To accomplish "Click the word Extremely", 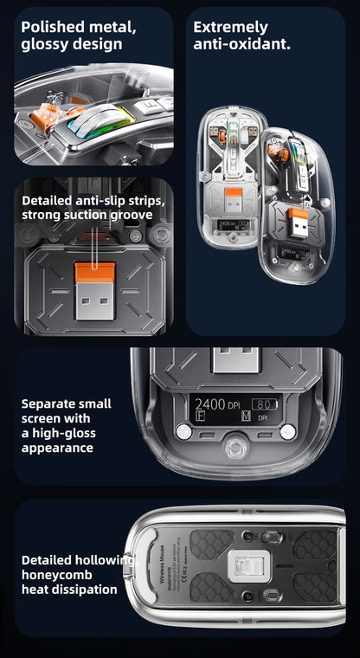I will coord(230,27).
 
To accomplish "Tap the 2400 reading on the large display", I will coord(210,403).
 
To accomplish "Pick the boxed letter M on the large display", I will coord(246,418).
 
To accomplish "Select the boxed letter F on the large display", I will coord(201,418).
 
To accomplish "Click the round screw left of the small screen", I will coord(183,431).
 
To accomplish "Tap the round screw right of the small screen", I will coord(288,431).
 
